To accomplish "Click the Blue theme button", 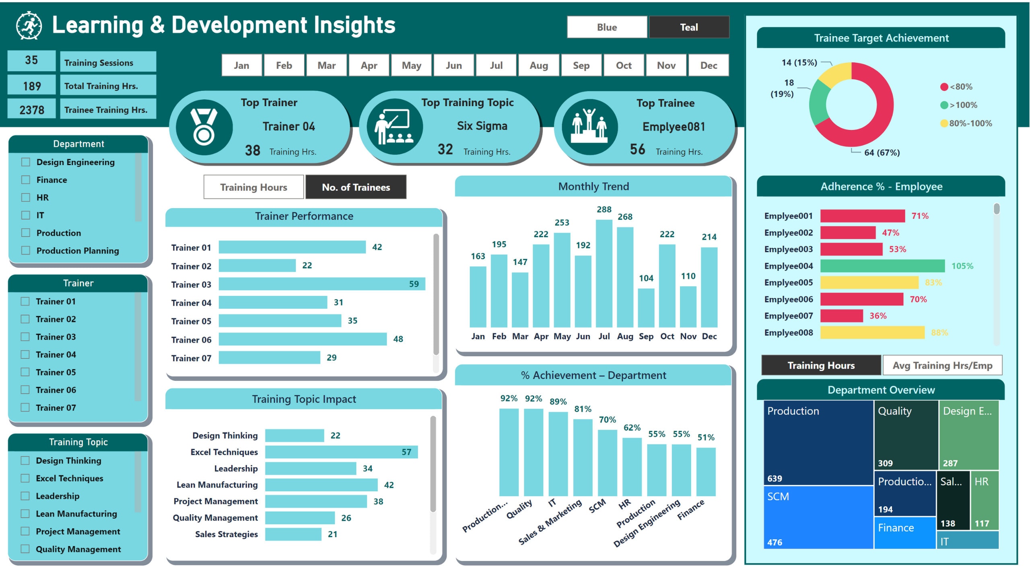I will pyautogui.click(x=607, y=27).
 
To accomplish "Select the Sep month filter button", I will pyautogui.click(x=581, y=66).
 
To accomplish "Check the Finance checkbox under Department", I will pyautogui.click(x=26, y=180).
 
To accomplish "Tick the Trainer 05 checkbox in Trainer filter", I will pyautogui.click(x=25, y=372).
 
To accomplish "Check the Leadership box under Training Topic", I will pyautogui.click(x=25, y=496).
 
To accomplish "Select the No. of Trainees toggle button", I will pyautogui.click(x=356, y=187).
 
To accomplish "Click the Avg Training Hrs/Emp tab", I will pyautogui.click(x=941, y=365).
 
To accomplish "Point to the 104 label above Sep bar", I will pyautogui.click(x=646, y=278).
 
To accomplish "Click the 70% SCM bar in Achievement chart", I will pyautogui.click(x=607, y=462).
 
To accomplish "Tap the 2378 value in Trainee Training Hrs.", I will pyautogui.click(x=32, y=110).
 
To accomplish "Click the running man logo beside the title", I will pyautogui.click(x=29, y=26).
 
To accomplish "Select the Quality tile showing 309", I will pyautogui.click(x=905, y=434).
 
